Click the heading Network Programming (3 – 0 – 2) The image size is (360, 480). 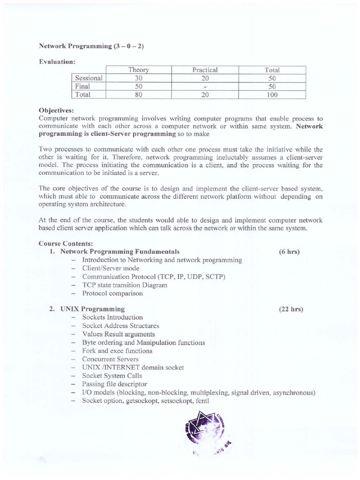77,47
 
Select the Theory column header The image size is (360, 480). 138,70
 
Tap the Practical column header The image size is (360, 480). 205,70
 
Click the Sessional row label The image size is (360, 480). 89,78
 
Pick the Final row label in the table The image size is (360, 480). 82,86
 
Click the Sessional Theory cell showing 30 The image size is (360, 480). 138,78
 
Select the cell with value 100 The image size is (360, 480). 272,95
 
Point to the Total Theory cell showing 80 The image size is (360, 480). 138,95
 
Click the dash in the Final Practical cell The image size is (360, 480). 205,87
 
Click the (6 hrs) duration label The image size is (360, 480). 289,252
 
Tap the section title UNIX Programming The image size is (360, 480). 92,309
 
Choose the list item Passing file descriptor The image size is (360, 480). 114,384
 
